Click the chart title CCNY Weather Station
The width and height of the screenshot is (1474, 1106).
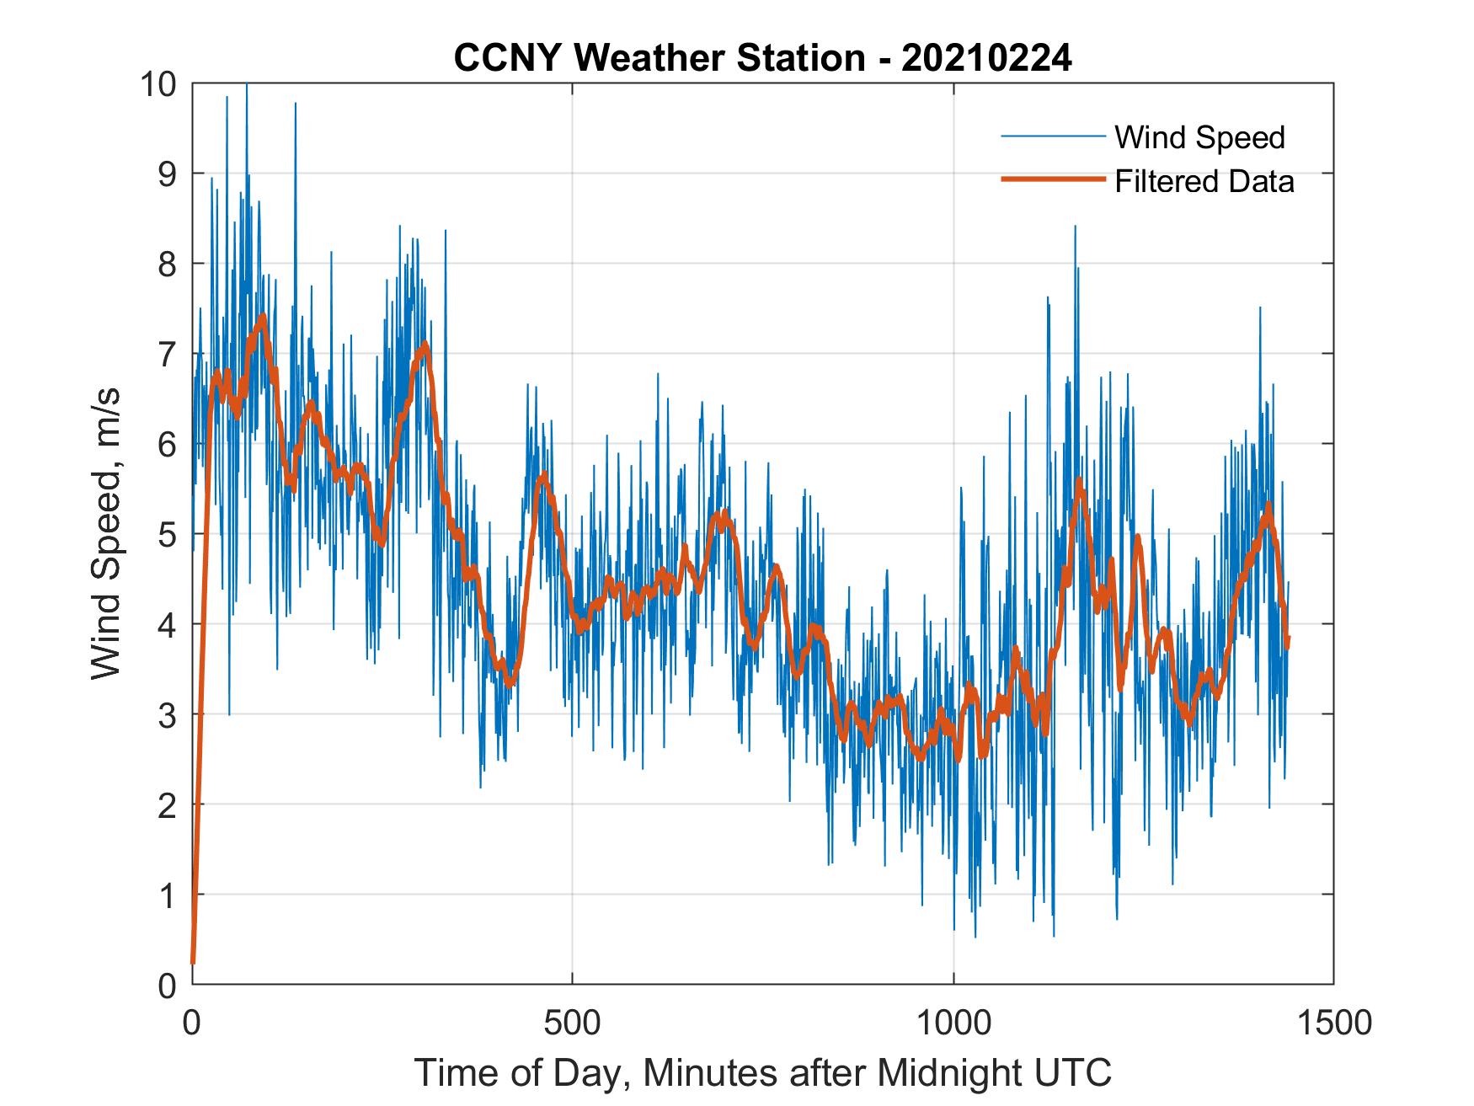click(659, 58)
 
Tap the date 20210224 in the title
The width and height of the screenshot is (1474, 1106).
click(986, 58)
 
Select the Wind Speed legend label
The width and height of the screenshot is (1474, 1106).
click(1199, 137)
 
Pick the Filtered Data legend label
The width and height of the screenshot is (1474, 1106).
click(1204, 181)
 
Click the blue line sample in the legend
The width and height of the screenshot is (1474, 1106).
click(1052, 136)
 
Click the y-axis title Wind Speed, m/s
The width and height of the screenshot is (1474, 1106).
click(107, 533)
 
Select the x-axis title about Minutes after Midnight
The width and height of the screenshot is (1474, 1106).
click(762, 1073)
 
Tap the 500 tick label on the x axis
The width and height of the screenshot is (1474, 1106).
click(572, 1023)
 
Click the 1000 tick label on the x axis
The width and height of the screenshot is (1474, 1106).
click(953, 1023)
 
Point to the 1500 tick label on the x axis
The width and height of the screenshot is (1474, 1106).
click(1333, 1023)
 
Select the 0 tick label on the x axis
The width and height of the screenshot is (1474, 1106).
click(192, 1023)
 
